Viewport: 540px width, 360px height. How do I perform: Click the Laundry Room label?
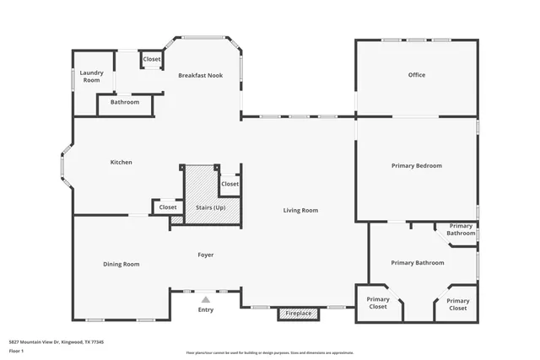(x=91, y=77)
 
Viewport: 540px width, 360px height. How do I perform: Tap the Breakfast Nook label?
(x=200, y=76)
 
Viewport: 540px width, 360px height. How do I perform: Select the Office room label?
(x=416, y=75)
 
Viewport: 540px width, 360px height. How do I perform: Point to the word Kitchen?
(x=121, y=162)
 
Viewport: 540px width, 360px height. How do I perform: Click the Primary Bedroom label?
(x=416, y=166)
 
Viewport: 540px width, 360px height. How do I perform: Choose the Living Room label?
(x=300, y=210)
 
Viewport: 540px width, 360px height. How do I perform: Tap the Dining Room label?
(x=121, y=264)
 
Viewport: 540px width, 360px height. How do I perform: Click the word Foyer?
(x=205, y=254)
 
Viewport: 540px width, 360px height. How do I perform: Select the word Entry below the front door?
(x=205, y=309)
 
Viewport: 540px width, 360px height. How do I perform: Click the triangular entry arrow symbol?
(x=205, y=299)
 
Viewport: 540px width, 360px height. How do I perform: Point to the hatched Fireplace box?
(x=299, y=314)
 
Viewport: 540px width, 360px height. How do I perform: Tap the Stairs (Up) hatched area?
(x=210, y=198)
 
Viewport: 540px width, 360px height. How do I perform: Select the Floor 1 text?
(x=16, y=352)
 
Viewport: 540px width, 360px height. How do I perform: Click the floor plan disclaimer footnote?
(x=269, y=352)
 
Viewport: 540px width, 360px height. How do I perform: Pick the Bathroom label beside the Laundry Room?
(x=125, y=102)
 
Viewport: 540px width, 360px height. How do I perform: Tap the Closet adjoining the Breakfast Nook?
(x=152, y=60)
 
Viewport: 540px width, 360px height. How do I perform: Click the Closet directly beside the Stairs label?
(x=229, y=184)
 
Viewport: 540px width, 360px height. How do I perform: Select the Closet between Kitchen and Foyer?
(x=168, y=207)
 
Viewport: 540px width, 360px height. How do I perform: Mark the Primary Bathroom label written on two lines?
(x=461, y=229)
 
